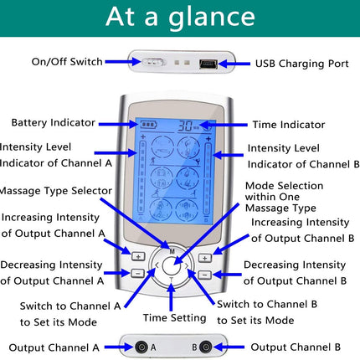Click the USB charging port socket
point(208,64)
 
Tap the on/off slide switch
point(152,62)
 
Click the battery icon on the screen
point(148,124)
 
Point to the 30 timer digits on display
point(185,126)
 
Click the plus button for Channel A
point(138,256)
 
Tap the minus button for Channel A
point(137,273)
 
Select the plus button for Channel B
point(205,258)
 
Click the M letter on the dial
point(172,251)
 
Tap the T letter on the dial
point(172,279)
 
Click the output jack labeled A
point(141,347)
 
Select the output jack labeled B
point(205,347)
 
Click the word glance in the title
point(212,18)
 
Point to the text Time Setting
point(175,318)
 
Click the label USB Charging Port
point(302,64)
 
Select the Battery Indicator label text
point(54,122)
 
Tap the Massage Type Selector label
point(56,191)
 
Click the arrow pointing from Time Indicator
point(224,125)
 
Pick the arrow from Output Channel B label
point(229,347)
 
